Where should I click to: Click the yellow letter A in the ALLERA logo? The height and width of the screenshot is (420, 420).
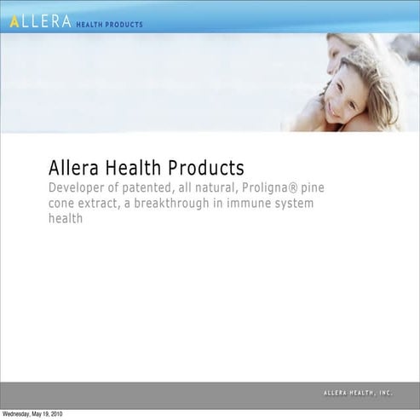tap(14, 22)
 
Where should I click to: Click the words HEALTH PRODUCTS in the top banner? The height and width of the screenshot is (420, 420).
tap(110, 24)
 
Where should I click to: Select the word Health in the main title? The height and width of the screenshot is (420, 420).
tap(134, 167)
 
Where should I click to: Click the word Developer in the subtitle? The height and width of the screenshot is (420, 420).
tap(78, 187)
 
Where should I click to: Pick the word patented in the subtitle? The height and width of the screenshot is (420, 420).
tap(154, 187)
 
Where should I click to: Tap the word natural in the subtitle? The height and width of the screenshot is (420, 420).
tap(216, 187)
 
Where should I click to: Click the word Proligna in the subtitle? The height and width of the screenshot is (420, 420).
tap(267, 187)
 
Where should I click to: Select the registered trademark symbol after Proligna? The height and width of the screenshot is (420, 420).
tap(296, 187)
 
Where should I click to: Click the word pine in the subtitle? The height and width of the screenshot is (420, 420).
tap(315, 187)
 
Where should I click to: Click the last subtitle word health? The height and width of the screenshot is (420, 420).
tap(66, 220)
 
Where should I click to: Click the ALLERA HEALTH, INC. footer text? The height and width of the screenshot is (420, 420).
tap(358, 394)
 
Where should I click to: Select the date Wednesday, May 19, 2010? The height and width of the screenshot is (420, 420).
tap(32, 414)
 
